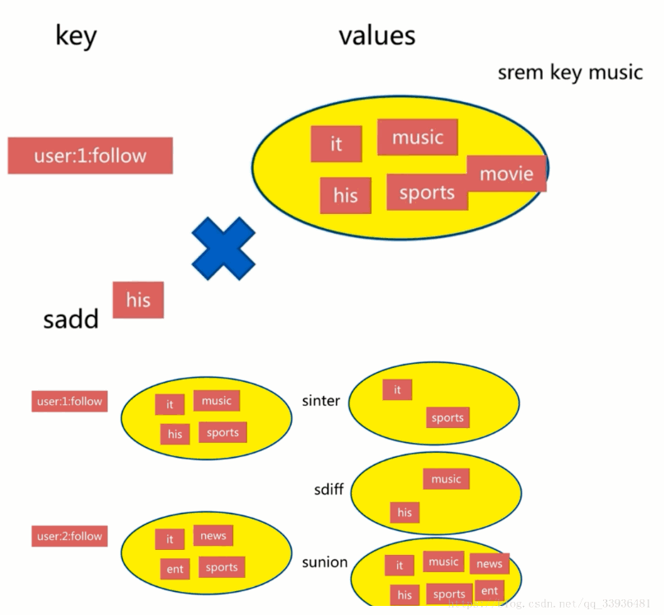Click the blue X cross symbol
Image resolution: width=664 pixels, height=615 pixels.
click(223, 248)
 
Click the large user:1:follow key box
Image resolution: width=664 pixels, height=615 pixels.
click(90, 156)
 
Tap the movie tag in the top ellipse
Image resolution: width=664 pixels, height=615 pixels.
click(507, 174)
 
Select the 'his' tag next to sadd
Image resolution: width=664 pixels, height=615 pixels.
click(138, 300)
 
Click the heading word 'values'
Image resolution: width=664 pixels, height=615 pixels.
click(376, 35)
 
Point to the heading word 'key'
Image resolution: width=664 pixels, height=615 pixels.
click(76, 36)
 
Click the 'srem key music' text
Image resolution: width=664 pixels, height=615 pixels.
click(569, 72)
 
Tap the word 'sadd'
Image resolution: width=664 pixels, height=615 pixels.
click(71, 319)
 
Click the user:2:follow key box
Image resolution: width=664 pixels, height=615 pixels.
click(70, 537)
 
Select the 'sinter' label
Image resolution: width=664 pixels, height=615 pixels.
click(320, 401)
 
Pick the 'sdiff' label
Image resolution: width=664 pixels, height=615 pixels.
click(329, 490)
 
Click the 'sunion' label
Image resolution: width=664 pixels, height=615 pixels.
click(325, 562)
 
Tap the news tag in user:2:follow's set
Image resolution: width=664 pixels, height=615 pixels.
click(213, 536)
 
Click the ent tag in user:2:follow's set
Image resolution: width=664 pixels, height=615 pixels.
click(175, 568)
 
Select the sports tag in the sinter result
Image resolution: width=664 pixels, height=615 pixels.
click(447, 417)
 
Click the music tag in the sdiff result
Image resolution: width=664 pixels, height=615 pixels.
click(446, 479)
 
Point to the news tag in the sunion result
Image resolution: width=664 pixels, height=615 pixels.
click(489, 564)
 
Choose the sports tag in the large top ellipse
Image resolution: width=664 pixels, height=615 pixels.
click(427, 193)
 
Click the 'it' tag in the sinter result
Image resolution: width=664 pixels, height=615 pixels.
click(397, 389)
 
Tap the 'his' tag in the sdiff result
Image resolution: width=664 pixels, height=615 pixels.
click(404, 512)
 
